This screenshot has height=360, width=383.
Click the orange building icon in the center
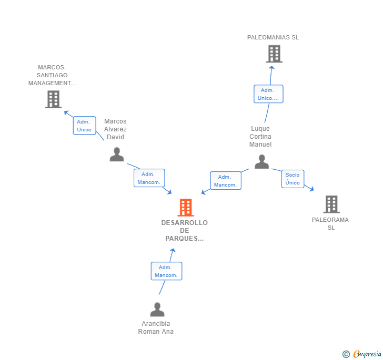(185, 208)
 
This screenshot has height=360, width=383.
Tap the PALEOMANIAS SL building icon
(274, 54)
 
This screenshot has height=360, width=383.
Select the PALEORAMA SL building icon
(331, 204)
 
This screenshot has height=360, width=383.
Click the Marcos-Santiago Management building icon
(53, 99)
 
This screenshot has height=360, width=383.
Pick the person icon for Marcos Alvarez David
(116, 154)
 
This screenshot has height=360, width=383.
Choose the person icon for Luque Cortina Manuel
(261, 162)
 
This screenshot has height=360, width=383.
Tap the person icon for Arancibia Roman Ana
(157, 310)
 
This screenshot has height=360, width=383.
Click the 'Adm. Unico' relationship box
(84, 126)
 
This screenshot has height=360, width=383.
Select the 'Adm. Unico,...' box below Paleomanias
(268, 94)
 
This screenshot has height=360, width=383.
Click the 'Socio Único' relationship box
(293, 179)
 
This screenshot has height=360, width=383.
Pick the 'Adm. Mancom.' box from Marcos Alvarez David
(149, 178)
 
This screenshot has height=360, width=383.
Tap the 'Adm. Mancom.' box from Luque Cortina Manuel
(226, 181)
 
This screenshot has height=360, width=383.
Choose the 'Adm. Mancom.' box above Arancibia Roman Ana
(166, 271)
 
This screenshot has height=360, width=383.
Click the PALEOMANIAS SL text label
(273, 37)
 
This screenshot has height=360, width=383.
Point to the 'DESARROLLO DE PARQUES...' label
(184, 231)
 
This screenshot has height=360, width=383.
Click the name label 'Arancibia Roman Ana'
(156, 327)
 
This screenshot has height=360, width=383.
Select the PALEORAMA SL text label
(330, 223)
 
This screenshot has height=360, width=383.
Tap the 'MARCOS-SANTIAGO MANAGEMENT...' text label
(52, 75)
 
